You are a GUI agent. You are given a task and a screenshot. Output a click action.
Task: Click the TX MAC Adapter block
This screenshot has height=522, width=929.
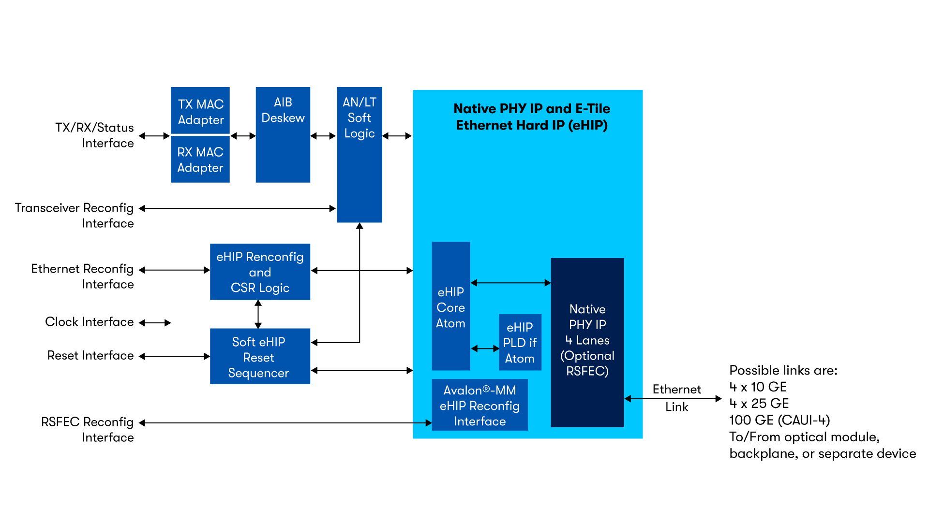[x=200, y=111]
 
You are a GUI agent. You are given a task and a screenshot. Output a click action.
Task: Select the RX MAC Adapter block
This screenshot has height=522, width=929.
[x=200, y=159]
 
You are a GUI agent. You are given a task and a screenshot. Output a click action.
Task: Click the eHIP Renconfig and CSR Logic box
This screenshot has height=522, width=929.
[x=260, y=272]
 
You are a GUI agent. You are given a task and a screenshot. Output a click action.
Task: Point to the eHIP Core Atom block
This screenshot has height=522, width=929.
[x=450, y=306]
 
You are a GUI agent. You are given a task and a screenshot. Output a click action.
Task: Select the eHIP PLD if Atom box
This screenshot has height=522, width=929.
[x=520, y=342]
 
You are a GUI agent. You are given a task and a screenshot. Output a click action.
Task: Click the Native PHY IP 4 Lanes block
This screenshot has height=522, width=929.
[x=587, y=341]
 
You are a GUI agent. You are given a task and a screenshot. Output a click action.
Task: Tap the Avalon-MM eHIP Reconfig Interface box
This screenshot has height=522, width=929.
[x=479, y=405]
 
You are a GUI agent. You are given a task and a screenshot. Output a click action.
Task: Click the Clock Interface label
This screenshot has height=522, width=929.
[x=90, y=322]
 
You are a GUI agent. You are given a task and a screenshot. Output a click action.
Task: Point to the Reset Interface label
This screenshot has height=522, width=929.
[x=90, y=355]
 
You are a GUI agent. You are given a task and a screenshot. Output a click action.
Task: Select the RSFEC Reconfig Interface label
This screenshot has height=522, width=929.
[x=88, y=429]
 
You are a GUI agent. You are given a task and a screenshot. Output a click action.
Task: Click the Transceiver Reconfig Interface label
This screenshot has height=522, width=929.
[x=75, y=215]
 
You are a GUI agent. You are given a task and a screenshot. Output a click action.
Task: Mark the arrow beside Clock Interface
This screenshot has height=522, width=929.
[x=155, y=322]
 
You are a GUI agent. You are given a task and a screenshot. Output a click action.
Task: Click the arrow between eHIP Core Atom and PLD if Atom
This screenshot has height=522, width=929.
[x=485, y=348]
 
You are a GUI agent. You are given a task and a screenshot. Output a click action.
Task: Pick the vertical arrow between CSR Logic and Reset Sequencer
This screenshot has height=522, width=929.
[x=258, y=314]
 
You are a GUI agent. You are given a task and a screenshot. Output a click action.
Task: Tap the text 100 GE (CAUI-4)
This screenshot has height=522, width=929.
[x=779, y=420]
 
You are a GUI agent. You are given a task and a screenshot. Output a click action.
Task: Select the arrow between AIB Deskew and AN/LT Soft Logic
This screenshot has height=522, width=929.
[x=323, y=136]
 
